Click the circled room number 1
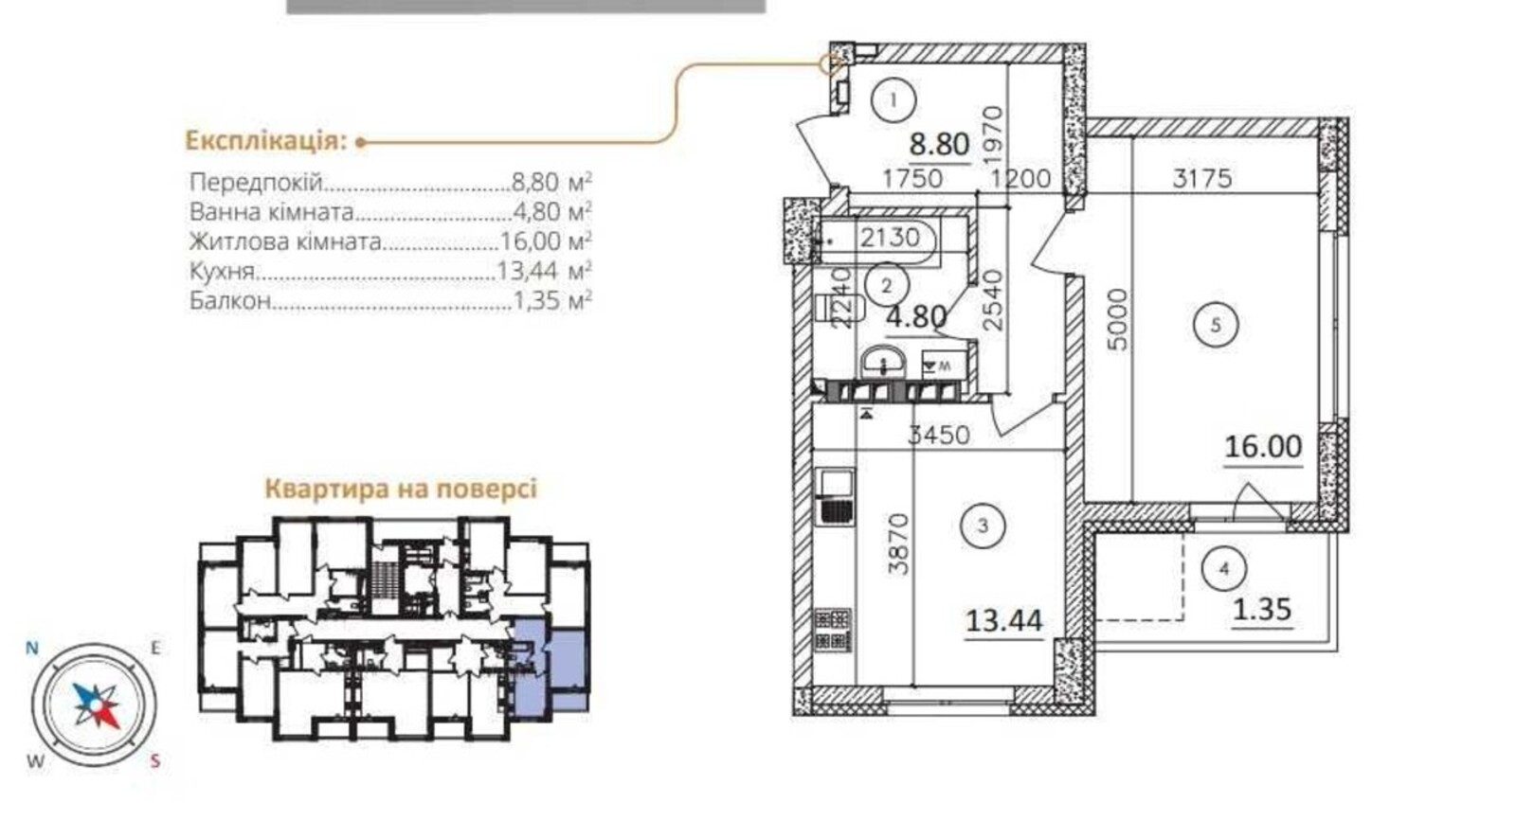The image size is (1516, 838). coord(893,100)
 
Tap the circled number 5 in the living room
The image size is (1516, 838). coord(1216,326)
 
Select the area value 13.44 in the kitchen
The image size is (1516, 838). coord(1003,621)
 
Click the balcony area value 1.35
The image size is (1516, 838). coord(1262,610)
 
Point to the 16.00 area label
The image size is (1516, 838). coord(1264,447)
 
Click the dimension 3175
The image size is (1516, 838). coord(1202,179)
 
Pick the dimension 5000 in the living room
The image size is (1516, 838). coord(1118,320)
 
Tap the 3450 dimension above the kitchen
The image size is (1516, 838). coord(939,435)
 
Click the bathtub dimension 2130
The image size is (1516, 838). coord(890,238)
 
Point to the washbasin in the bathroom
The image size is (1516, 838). coord(883,363)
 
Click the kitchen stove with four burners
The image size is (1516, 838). coord(833,630)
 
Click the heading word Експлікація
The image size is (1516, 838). coord(266,141)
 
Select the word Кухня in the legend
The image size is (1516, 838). coord(222,271)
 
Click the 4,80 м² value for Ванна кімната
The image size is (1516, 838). coord(551,212)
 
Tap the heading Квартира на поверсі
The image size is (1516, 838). coord(401,489)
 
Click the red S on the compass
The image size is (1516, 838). coord(155,761)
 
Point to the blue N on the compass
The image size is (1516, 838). coord(32,649)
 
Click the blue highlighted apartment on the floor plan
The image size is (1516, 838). coord(550,667)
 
